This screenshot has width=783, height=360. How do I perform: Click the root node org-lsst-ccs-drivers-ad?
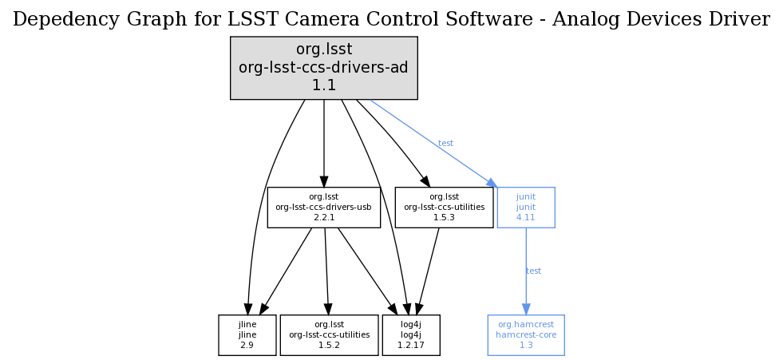[x=323, y=68]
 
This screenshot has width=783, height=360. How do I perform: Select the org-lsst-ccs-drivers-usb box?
[x=323, y=208]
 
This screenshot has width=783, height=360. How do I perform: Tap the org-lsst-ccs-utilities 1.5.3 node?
[x=444, y=208]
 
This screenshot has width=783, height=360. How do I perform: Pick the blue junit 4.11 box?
[x=525, y=208]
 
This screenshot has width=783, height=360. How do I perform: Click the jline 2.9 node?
[x=247, y=335]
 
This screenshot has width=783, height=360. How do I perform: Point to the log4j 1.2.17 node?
[x=411, y=335]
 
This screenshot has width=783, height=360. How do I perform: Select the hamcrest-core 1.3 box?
[x=526, y=335]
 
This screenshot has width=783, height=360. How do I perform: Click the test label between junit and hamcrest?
[x=533, y=271]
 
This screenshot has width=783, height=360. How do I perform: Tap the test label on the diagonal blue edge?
[x=445, y=144]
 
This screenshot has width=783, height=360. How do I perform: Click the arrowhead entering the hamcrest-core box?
[x=525, y=309]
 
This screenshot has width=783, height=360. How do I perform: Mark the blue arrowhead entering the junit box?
[x=490, y=182]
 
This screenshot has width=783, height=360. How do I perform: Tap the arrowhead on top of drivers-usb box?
[x=323, y=181]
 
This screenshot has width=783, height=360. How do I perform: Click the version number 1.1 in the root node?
[x=323, y=85]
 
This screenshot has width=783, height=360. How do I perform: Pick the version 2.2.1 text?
[x=323, y=217]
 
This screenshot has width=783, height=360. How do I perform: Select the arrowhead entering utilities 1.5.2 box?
[x=327, y=309]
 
